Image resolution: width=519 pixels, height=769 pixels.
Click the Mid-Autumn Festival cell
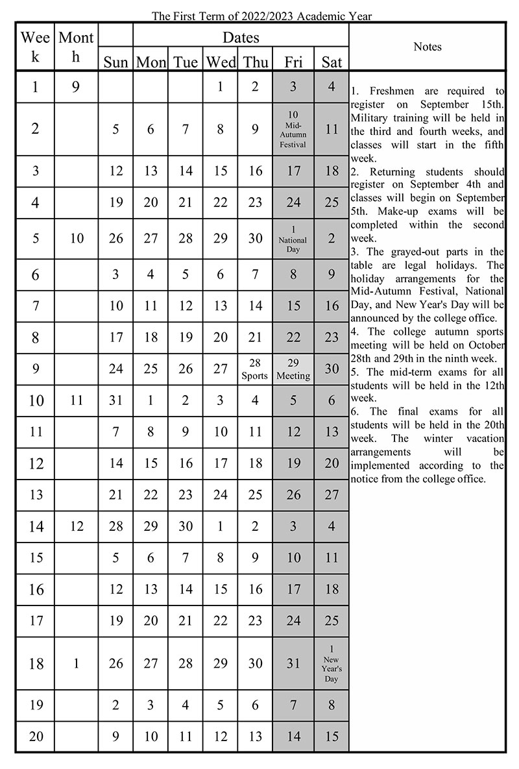point(293,129)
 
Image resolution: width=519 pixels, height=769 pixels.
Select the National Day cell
point(293,239)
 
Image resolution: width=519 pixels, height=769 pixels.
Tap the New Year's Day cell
point(332,663)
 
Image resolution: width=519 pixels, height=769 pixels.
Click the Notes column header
point(427,47)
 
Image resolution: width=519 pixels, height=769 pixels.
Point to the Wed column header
point(221,62)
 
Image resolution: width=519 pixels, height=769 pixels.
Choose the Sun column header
point(115,62)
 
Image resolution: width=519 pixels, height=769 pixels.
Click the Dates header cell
point(241,38)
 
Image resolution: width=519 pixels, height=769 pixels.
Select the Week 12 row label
point(36,463)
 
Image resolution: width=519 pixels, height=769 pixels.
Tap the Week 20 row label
point(36,736)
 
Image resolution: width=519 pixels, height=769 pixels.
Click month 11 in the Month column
point(77,400)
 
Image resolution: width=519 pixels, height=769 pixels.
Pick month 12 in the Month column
point(77,526)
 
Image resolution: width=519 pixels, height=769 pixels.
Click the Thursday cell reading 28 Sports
point(255,369)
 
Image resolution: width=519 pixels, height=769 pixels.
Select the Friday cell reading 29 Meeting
point(293,369)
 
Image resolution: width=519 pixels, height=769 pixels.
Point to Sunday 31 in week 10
point(115,400)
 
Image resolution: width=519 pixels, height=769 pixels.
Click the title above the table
point(261,16)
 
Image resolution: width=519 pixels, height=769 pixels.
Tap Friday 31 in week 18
point(293,663)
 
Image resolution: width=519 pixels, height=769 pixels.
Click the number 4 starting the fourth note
point(354,332)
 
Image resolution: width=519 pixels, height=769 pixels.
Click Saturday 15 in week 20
point(332,736)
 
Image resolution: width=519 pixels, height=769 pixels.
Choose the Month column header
point(77,47)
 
